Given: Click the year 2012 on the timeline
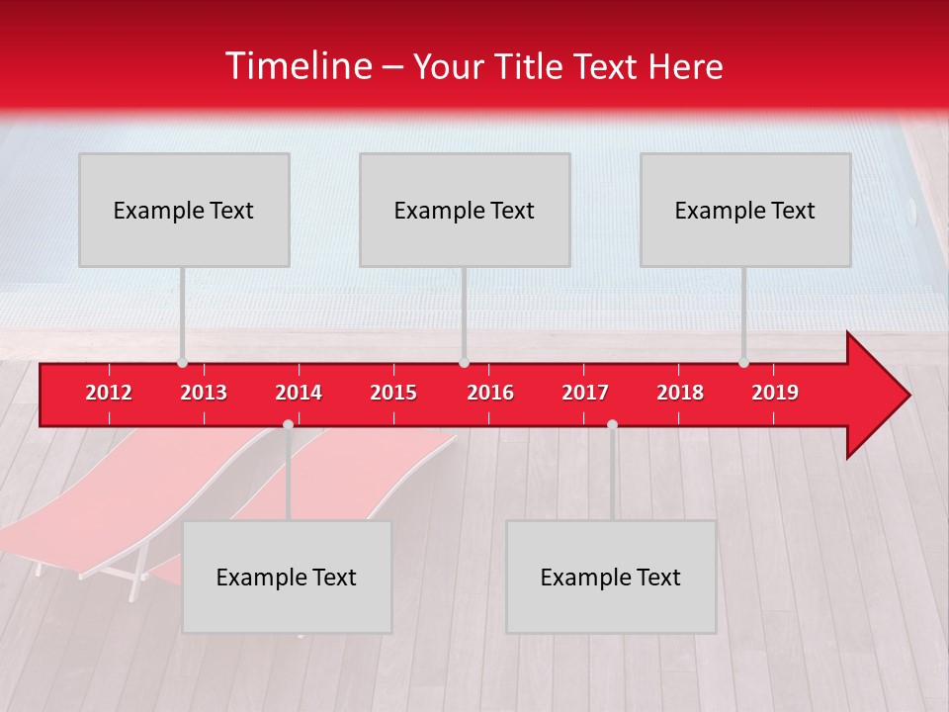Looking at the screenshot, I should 109,393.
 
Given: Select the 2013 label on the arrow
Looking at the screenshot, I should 204,393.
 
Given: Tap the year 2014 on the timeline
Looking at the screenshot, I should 299,393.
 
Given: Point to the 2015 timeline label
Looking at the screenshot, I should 393,393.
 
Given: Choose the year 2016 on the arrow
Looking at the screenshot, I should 490,393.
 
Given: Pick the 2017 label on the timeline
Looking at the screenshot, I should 585,393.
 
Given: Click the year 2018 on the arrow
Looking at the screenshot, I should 680,393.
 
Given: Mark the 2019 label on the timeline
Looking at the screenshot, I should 775,393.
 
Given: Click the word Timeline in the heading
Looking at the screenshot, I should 298,66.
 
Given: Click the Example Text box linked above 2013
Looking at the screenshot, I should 184,210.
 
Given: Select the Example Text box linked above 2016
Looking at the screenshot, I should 465,210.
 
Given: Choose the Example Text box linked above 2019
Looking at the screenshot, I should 745,210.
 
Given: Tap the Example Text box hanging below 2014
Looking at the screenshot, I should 287,577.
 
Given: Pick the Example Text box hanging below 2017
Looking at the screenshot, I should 611,577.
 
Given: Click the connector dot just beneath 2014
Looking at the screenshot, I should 288,424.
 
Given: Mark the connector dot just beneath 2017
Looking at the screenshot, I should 612,424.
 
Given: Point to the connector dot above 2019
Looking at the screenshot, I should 743,363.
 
